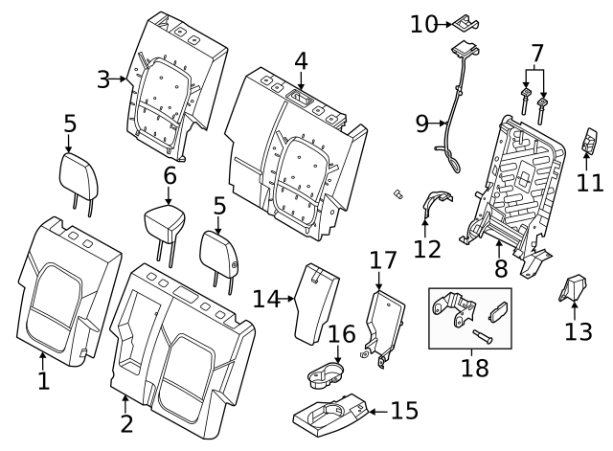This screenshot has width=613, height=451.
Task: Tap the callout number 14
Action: pos(266,300)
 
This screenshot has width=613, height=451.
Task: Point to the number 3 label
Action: pos(104,79)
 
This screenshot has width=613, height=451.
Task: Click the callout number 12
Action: pos(426,249)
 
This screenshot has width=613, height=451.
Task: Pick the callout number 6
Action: pos(170,176)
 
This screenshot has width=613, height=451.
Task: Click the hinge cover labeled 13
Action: pos(574,288)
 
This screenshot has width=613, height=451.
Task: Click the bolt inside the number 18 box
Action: pos(481,335)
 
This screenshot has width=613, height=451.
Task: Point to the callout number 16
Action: pos(341,333)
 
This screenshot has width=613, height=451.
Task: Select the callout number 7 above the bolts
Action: pos(536,53)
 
